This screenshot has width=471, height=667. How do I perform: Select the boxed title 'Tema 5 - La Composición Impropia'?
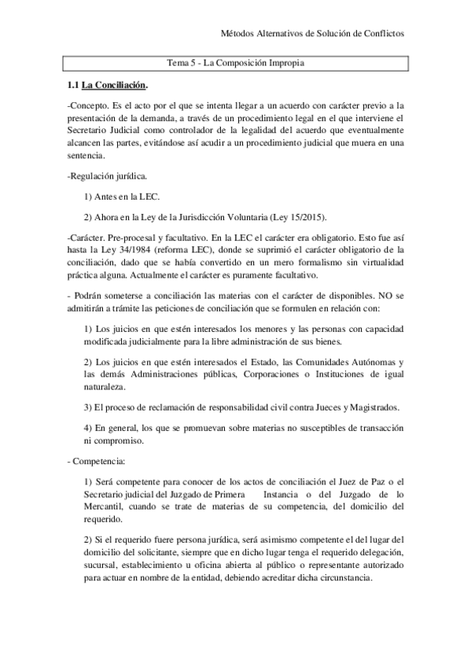235,62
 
